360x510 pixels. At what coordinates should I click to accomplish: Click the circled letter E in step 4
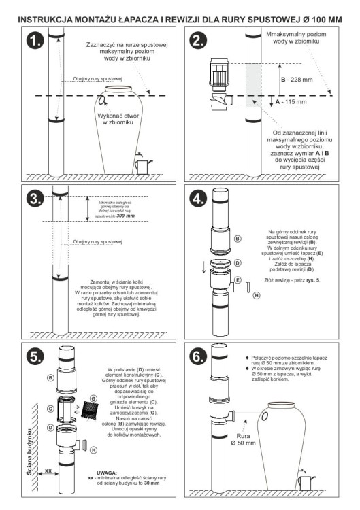[x=238, y=279]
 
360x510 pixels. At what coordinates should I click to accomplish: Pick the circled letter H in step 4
[x=257, y=296]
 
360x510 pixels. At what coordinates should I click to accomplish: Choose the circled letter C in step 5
[x=50, y=409]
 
